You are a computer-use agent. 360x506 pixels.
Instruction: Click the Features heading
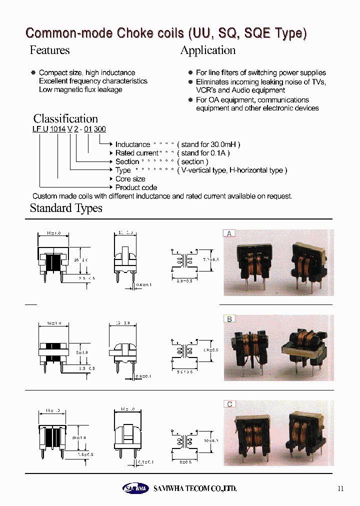pos(49,50)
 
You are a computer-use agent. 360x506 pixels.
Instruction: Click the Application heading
pos(207,50)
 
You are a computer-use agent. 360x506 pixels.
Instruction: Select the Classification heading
pos(65,119)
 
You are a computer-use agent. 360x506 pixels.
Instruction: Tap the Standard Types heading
pos(66,208)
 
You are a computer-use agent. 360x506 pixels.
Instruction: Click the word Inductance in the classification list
pos(132,144)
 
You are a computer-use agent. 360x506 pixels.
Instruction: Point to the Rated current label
pos(136,153)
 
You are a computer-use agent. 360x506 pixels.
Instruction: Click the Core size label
pos(130,179)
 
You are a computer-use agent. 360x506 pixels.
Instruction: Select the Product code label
pos(136,187)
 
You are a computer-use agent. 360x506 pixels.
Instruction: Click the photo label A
pos(229,233)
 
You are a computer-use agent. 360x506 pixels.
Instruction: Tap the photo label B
pos(229,318)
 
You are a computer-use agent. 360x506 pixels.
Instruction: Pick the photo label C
pos(229,404)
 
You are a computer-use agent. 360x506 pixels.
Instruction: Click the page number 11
pos(340,488)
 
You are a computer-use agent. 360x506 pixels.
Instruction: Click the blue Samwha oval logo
pos(135,488)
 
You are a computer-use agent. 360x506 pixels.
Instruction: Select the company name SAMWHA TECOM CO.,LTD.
pos(195,488)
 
